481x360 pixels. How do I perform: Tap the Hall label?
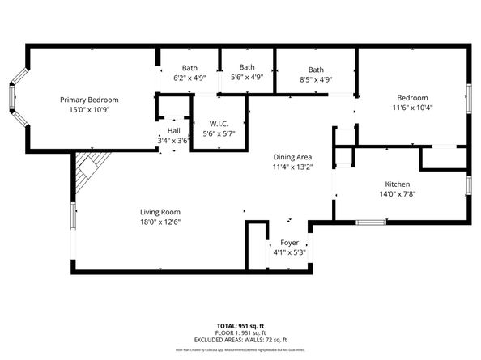(173, 130)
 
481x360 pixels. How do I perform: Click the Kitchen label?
(397, 184)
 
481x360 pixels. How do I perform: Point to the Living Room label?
(159, 212)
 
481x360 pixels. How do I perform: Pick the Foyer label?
(289, 243)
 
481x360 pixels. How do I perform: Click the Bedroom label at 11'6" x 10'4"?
(411, 97)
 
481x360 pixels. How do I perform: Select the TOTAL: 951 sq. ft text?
(240, 325)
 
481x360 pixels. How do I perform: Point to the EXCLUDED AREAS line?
(240, 340)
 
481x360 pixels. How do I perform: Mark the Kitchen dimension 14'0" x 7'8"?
(397, 193)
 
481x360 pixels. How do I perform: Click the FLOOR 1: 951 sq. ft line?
(240, 332)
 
